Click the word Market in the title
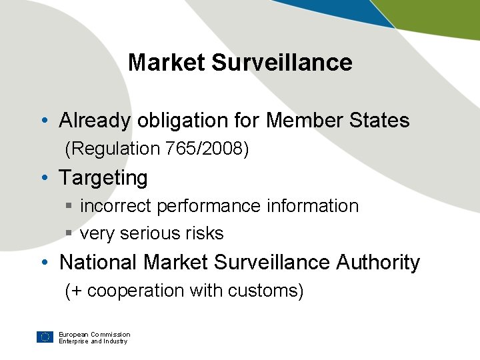coord(167,63)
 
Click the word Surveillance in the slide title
coord(282,63)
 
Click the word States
coord(379,121)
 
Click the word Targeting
coord(103,178)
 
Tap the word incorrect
coord(115,206)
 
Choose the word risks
coord(206,233)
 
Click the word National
coord(98,263)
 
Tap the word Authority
coord(378,263)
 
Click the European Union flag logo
coord(45,337)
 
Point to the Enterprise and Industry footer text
coord(93,341)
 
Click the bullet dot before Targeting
coord(43,178)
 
